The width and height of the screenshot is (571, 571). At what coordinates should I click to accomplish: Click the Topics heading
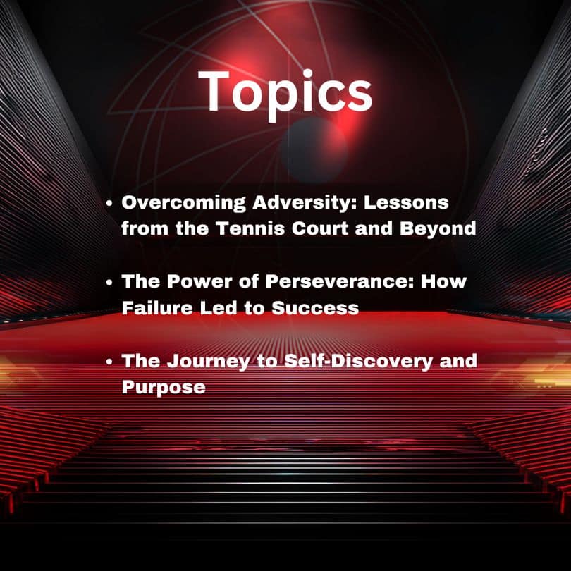(285, 94)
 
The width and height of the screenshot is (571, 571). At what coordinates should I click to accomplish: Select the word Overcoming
(184, 203)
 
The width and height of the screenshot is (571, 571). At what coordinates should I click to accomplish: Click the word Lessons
(406, 202)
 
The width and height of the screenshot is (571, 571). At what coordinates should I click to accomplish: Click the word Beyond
(438, 229)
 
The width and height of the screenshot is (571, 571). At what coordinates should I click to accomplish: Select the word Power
(199, 281)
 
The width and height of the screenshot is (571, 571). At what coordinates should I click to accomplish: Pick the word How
(443, 281)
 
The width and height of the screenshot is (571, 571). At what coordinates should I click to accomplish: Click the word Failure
(157, 308)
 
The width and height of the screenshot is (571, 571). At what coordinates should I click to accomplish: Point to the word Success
(315, 308)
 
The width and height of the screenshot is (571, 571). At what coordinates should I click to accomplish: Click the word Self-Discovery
(358, 362)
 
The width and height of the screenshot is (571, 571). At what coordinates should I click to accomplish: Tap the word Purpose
(164, 387)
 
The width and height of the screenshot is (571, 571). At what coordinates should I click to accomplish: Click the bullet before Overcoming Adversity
(109, 204)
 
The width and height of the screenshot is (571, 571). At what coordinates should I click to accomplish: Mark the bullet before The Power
(109, 282)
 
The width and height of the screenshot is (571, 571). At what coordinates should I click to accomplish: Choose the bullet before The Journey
(109, 362)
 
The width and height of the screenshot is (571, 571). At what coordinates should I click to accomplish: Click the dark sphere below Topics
(313, 149)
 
